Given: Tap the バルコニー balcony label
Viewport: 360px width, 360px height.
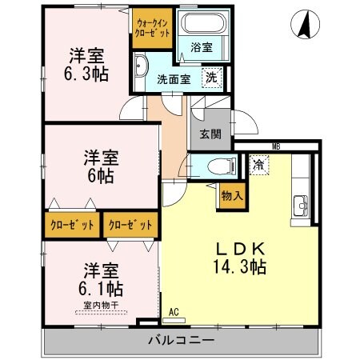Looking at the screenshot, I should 180,340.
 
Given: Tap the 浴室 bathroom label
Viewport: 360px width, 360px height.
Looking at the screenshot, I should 201,48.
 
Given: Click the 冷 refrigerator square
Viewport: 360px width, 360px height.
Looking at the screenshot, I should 259,165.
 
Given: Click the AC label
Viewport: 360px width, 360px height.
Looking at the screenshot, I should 174,313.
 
